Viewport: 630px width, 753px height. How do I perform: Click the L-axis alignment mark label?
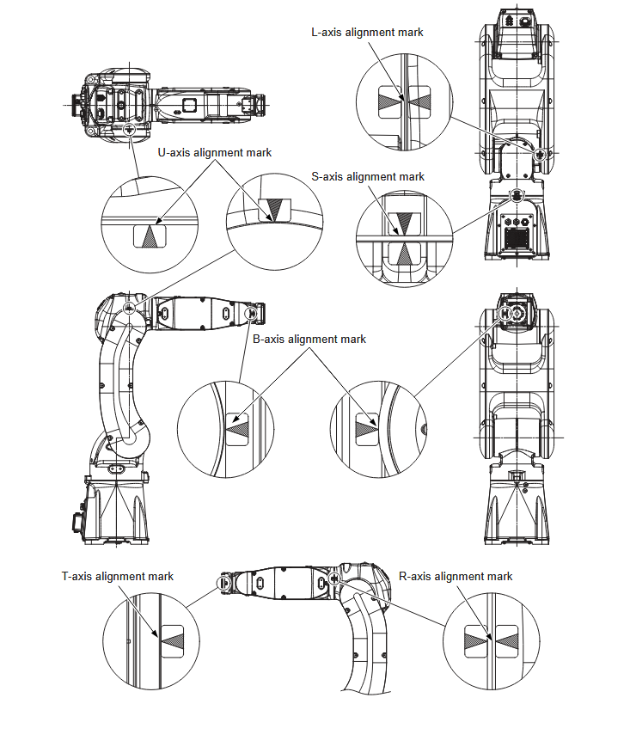point(367,33)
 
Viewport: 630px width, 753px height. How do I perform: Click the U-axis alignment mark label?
point(214,152)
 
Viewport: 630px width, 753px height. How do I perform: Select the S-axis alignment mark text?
point(368,177)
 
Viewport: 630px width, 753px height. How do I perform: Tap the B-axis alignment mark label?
point(309,339)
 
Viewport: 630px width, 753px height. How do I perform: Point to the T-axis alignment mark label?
point(118,576)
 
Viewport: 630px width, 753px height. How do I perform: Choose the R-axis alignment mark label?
point(456,576)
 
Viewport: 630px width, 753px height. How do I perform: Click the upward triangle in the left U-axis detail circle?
point(151,236)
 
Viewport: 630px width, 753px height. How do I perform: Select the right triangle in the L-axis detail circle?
point(419,100)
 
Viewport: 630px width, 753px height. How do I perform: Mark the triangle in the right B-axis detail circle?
point(367,424)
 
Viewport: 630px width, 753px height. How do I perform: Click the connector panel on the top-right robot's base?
point(516,231)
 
